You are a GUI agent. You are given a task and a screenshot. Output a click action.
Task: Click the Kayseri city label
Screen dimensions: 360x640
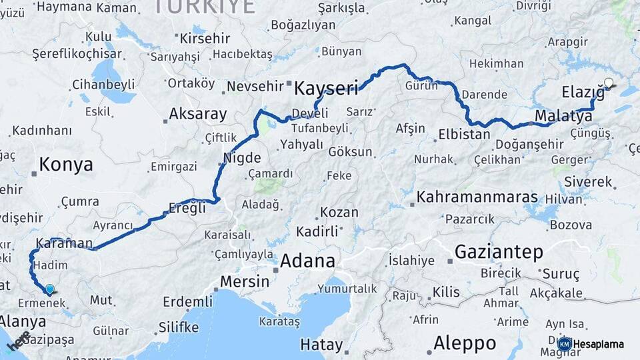(326, 88)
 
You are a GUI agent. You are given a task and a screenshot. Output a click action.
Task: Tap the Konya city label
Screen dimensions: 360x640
(65, 165)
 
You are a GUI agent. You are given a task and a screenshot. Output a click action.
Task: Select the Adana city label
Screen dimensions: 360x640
(307, 261)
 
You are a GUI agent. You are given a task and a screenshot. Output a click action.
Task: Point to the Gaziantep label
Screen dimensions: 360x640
(499, 252)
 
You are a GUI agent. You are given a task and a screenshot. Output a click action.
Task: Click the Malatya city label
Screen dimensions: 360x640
(563, 117)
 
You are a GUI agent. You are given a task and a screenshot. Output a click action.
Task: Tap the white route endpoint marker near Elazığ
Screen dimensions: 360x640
(608, 83)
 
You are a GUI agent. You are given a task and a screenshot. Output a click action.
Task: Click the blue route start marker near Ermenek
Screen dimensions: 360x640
(49, 289)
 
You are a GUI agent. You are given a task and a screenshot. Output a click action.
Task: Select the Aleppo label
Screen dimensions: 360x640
(465, 343)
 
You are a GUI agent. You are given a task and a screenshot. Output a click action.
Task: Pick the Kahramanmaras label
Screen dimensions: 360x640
(477, 197)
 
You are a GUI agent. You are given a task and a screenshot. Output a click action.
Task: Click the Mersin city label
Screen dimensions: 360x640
(244, 281)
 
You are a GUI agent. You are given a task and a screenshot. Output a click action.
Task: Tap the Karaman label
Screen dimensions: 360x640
(63, 243)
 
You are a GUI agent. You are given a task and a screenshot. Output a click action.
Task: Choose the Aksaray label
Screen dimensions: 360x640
(197, 114)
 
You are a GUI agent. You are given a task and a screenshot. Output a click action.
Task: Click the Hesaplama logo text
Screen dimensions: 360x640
(599, 344)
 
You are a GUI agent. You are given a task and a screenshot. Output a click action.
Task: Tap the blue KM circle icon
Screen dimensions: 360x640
(564, 344)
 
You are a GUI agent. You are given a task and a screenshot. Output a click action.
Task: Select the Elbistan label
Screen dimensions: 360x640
(464, 134)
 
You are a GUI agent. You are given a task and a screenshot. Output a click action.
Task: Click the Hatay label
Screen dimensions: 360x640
(321, 345)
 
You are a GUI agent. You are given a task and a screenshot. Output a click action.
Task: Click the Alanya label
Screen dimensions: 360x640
(23, 321)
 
